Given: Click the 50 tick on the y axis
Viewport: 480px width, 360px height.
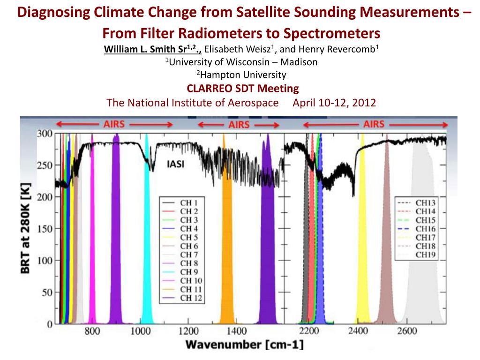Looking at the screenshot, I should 46,293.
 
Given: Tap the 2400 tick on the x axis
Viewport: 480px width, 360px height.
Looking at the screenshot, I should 358,332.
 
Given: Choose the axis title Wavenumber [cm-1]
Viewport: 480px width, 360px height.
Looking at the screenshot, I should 245,346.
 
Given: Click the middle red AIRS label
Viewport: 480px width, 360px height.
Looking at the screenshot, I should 239,125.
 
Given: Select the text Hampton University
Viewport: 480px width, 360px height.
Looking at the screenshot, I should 241,75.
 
